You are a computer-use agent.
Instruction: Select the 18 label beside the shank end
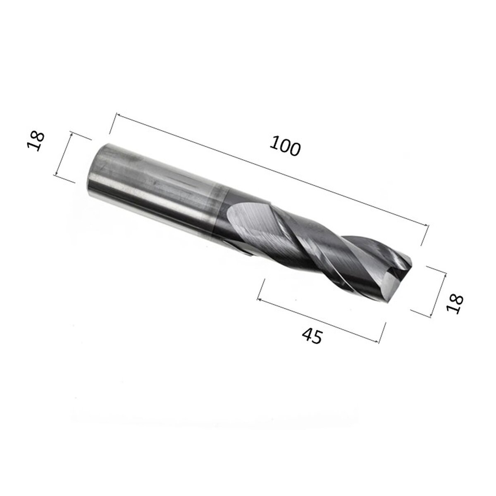point(36,142)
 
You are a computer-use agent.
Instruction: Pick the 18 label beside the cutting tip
point(455,304)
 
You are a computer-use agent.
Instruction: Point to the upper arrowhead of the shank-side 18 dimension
point(72,133)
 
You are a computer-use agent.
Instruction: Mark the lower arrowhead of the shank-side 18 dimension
point(56,175)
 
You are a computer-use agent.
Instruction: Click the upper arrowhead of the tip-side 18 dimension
point(445,274)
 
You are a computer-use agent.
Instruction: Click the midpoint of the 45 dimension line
point(318,320)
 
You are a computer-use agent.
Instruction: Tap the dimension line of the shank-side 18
point(64,154)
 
